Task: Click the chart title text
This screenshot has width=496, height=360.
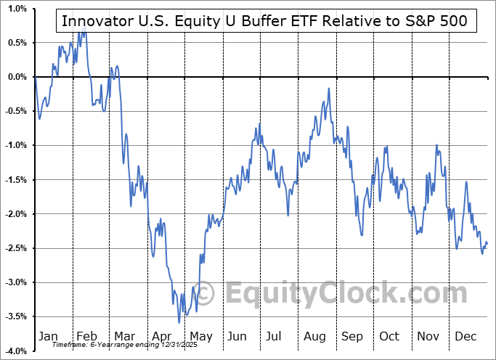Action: tap(266, 21)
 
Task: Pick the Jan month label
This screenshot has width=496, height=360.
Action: tap(47, 336)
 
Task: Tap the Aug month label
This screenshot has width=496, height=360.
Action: tap(315, 336)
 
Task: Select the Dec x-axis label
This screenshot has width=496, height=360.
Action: tap(466, 336)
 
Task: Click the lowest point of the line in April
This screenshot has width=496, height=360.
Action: tap(179, 322)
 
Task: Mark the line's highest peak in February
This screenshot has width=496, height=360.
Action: tap(84, 30)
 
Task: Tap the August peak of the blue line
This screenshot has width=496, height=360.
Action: tap(329, 89)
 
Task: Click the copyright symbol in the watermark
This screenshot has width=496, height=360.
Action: tap(206, 292)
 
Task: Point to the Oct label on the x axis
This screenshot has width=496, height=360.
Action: tap(390, 336)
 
